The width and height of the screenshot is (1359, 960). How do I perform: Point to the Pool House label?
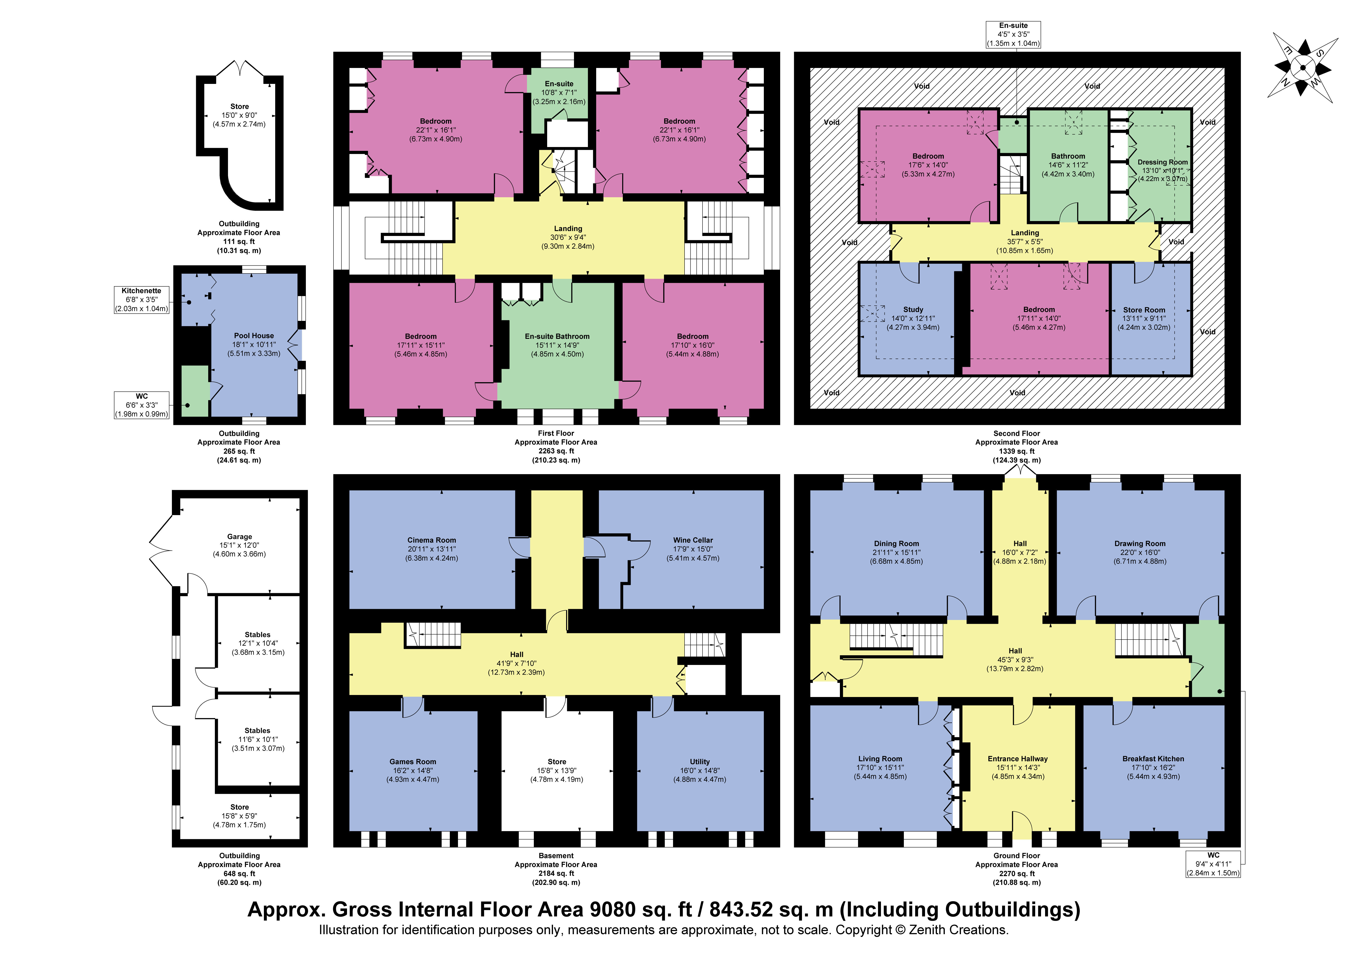254,336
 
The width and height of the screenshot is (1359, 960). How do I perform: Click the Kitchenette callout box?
141,299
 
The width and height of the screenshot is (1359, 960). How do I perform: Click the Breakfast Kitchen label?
1153,759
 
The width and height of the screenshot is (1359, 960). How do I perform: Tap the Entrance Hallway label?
1017,759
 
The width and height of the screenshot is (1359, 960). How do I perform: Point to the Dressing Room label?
1162,162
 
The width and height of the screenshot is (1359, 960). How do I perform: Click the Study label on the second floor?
913,310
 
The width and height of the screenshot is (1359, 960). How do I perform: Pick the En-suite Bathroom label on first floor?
557,336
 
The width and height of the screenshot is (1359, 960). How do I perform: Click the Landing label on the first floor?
568,229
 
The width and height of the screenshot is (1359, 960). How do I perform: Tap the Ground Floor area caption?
1017,869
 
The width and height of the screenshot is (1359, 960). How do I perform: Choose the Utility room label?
700,762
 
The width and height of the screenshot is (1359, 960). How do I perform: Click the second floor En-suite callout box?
1013,34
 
